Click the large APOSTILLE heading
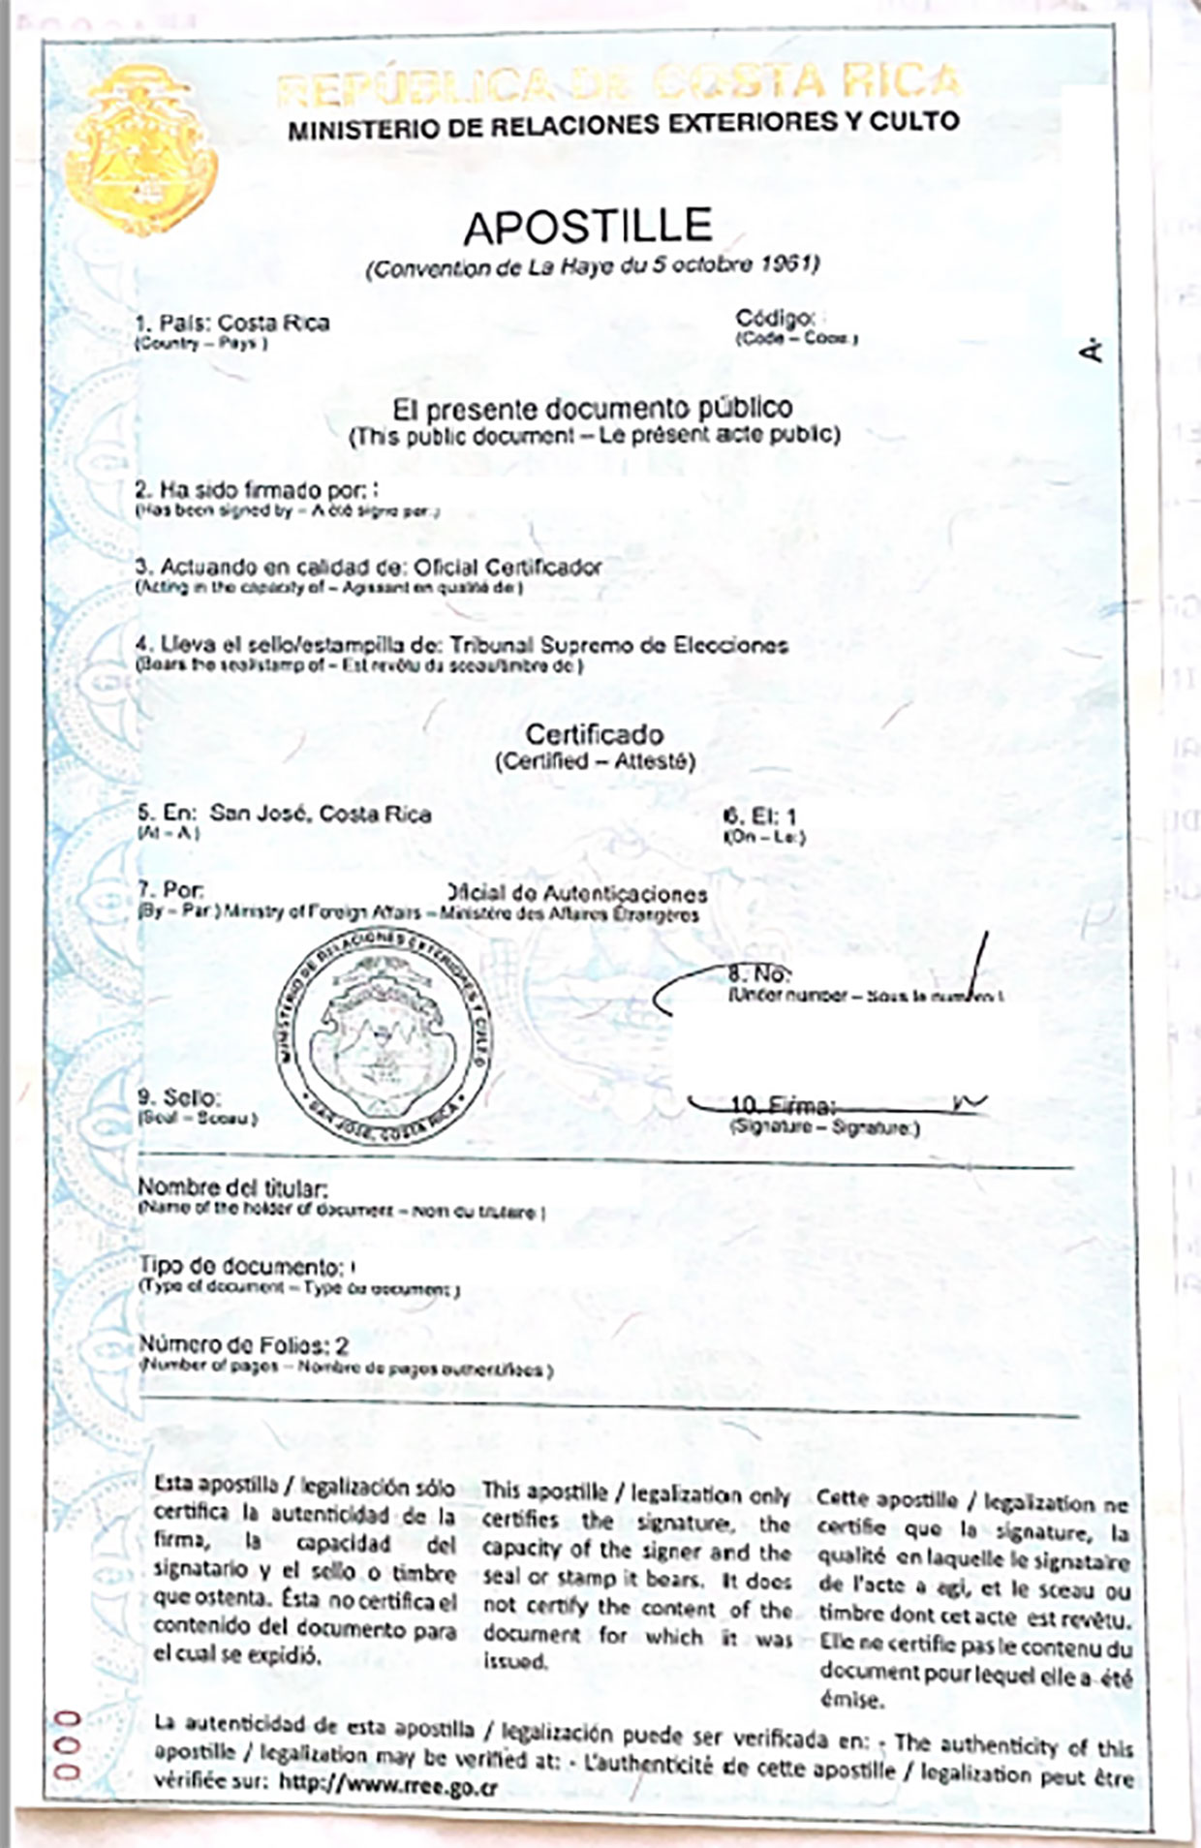tap(588, 227)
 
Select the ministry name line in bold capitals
tap(623, 123)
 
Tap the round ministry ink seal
tap(383, 1038)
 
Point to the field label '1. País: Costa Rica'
tap(232, 323)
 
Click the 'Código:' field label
tap(774, 318)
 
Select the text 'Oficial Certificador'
tap(508, 567)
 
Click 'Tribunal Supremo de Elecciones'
tap(619, 645)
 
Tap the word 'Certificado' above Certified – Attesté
tap(595, 734)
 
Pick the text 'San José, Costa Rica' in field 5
tap(321, 814)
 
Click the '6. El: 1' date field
tap(760, 816)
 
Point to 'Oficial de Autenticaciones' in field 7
tap(579, 894)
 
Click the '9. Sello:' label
tap(179, 1098)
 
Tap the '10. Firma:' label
tap(783, 1105)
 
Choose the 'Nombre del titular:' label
tap(232, 1187)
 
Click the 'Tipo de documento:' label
tap(241, 1266)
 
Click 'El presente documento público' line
tap(592, 408)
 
